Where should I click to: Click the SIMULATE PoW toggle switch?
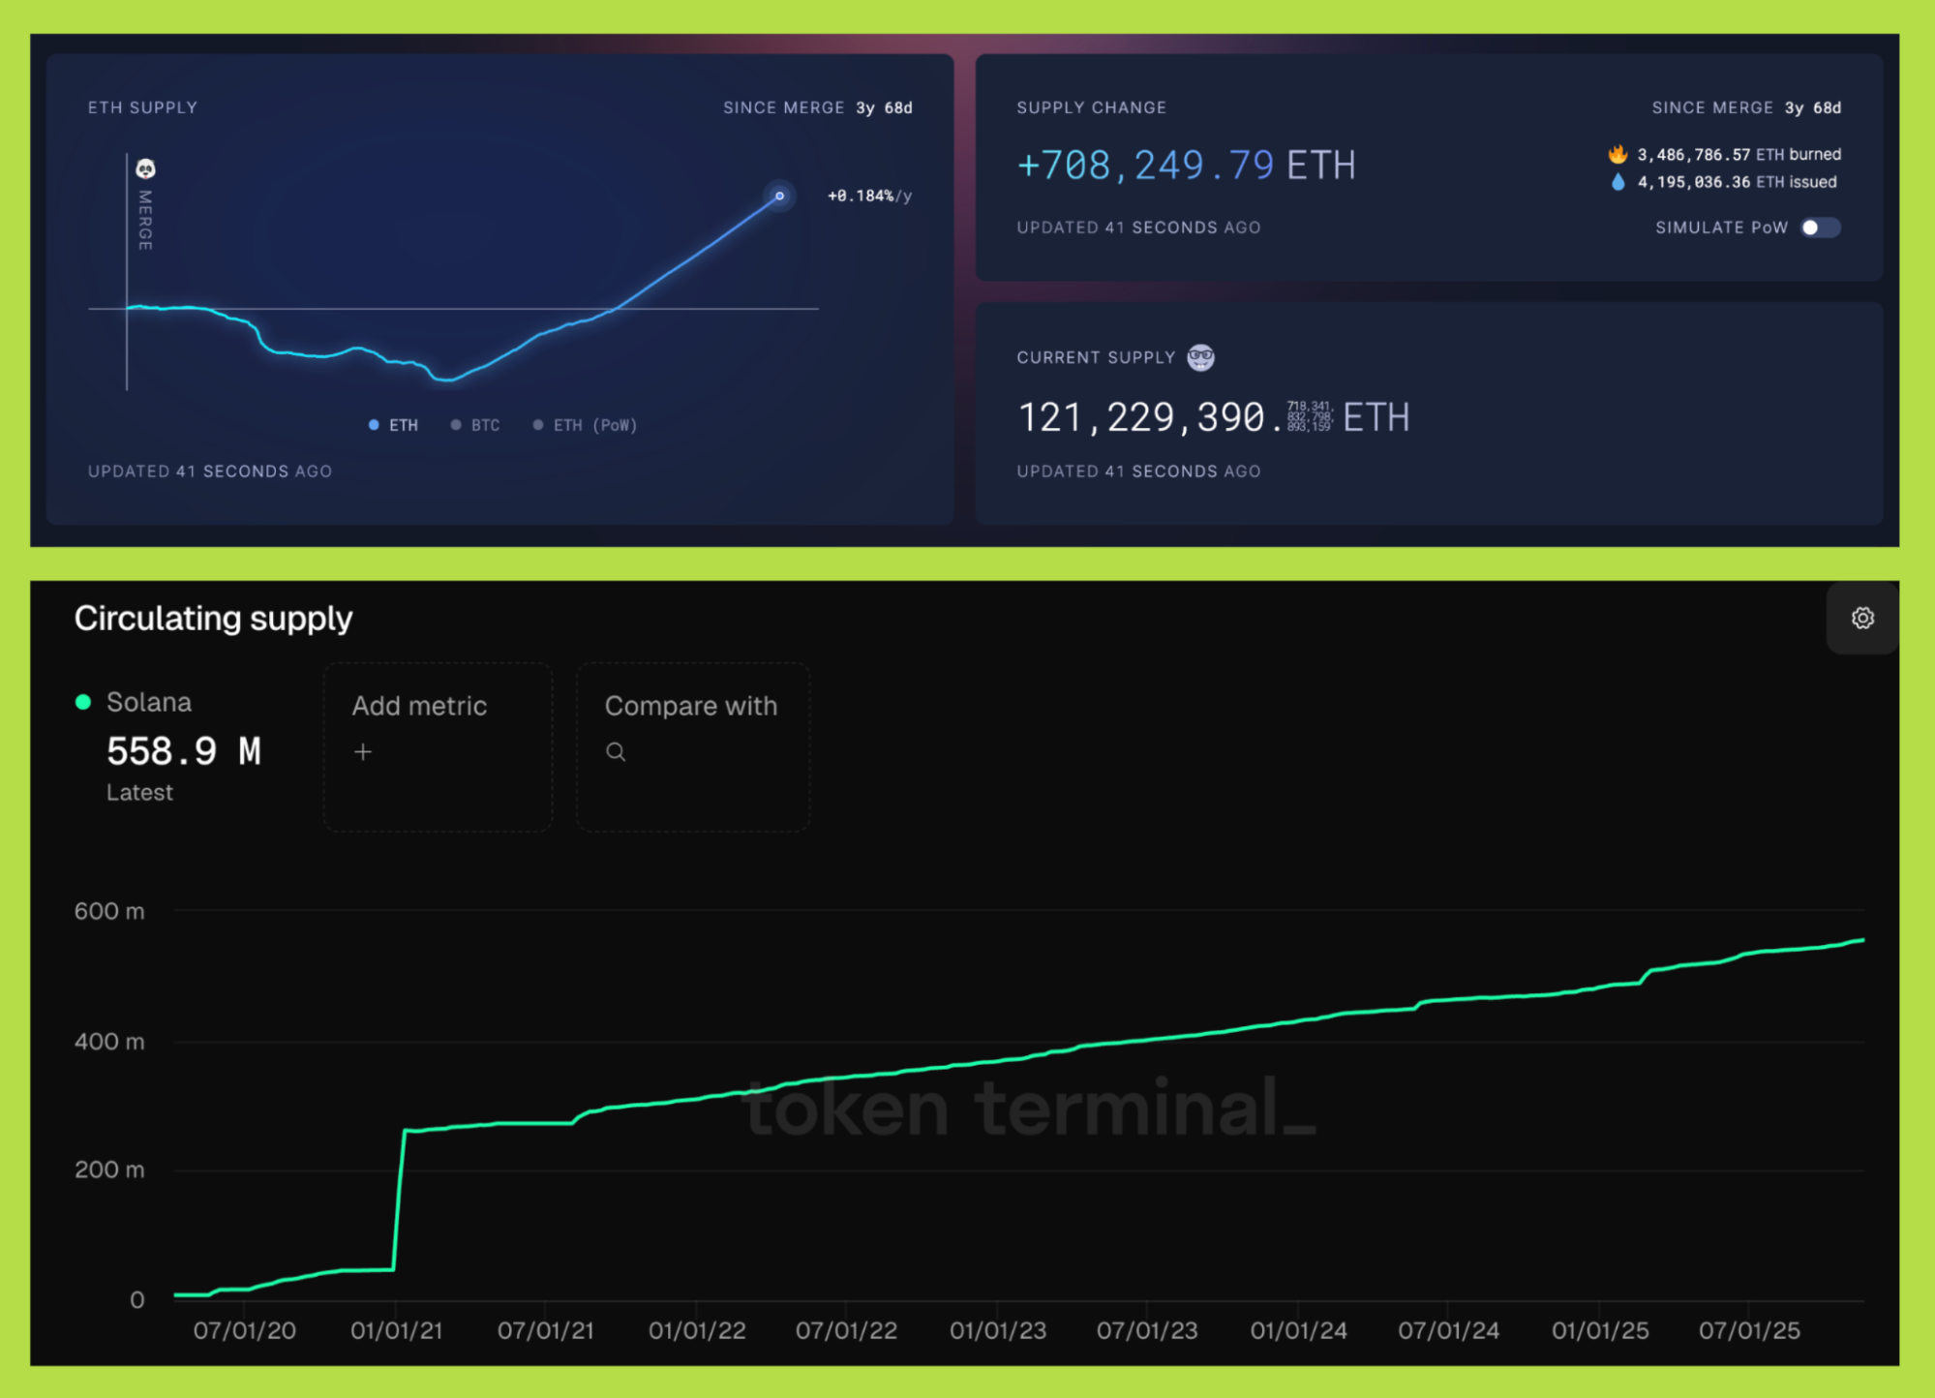(1819, 228)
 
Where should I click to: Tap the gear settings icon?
(1861, 618)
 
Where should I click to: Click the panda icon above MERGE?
(145, 169)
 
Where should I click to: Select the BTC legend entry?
(476, 425)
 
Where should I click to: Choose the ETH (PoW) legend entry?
(586, 425)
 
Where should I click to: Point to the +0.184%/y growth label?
(868, 196)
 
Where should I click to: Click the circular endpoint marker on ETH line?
(779, 196)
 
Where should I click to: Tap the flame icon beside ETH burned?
(1617, 154)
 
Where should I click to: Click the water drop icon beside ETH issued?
(1617, 182)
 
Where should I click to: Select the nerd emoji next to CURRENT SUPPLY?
(1200, 357)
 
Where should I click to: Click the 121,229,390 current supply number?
(1142, 418)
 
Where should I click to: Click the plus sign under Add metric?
(363, 752)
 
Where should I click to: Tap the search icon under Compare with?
(616, 752)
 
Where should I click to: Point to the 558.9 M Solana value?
(184, 751)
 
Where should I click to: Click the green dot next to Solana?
(83, 702)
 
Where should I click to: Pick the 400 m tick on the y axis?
(109, 1042)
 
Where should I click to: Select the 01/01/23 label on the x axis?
(997, 1330)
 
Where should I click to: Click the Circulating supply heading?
(213, 618)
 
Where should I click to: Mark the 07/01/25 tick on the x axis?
(1748, 1330)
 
